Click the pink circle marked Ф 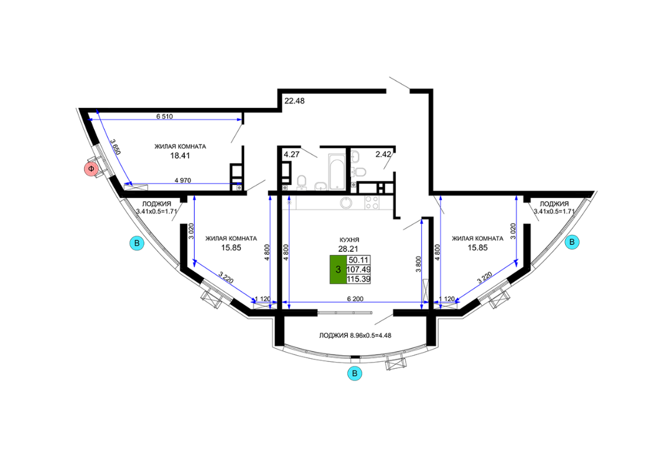pyautogui.click(x=91, y=169)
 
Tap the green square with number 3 pyautogui.click(x=338, y=270)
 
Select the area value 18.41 pyautogui.click(x=180, y=156)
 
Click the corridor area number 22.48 pyautogui.click(x=294, y=101)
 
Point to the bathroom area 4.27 pyautogui.click(x=292, y=155)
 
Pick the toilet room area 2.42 pyautogui.click(x=383, y=155)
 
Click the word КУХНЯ pyautogui.click(x=349, y=240)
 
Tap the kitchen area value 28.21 pyautogui.click(x=348, y=249)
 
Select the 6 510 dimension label pyautogui.click(x=164, y=117)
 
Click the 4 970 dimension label pyautogui.click(x=183, y=181)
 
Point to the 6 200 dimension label pyautogui.click(x=355, y=299)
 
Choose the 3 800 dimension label pyautogui.click(x=418, y=265)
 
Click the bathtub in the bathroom pyautogui.click(x=335, y=172)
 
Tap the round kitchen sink pyautogui.click(x=347, y=203)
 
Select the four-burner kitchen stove pyautogui.click(x=372, y=202)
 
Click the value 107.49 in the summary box pyautogui.click(x=358, y=270)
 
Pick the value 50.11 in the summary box pyautogui.click(x=358, y=260)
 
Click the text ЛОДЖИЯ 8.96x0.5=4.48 pyautogui.click(x=355, y=335)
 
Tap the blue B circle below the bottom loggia pyautogui.click(x=355, y=373)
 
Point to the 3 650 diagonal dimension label pyautogui.click(x=115, y=147)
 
